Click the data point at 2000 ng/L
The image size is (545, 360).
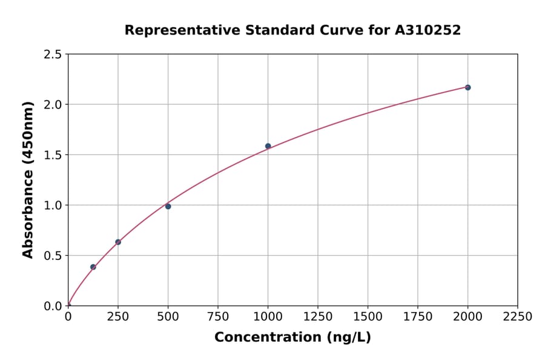coord(467,87)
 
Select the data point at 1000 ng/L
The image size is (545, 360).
coord(268,146)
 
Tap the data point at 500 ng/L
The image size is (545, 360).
coord(168,206)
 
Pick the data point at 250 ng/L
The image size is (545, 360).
coord(118,242)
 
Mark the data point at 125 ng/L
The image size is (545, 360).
coord(93,267)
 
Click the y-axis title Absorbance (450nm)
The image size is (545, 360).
coord(28,180)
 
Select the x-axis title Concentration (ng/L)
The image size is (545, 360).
coord(292,337)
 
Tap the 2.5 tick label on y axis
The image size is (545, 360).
coord(52,55)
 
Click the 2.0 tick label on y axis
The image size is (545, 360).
coord(52,105)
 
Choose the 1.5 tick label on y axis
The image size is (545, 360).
coord(52,155)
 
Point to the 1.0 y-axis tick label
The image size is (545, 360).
coord(52,205)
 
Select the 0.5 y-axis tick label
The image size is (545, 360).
coord(52,256)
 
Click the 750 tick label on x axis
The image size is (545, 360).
coord(218,316)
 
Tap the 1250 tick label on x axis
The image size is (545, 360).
coord(318,316)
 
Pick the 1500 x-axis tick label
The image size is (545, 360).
coord(368,316)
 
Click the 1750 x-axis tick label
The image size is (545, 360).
coord(418,316)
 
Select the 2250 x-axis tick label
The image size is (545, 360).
coord(518,316)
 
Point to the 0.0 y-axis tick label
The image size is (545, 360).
coord(52,306)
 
